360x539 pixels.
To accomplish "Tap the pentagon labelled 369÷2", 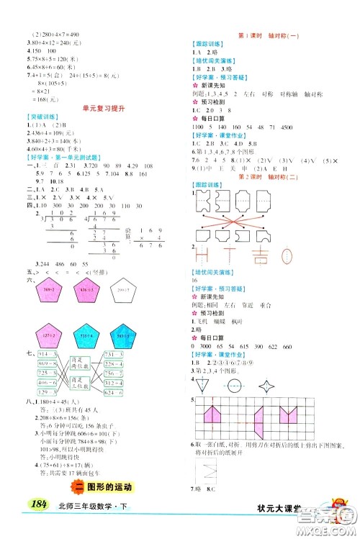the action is coord(55,290).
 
